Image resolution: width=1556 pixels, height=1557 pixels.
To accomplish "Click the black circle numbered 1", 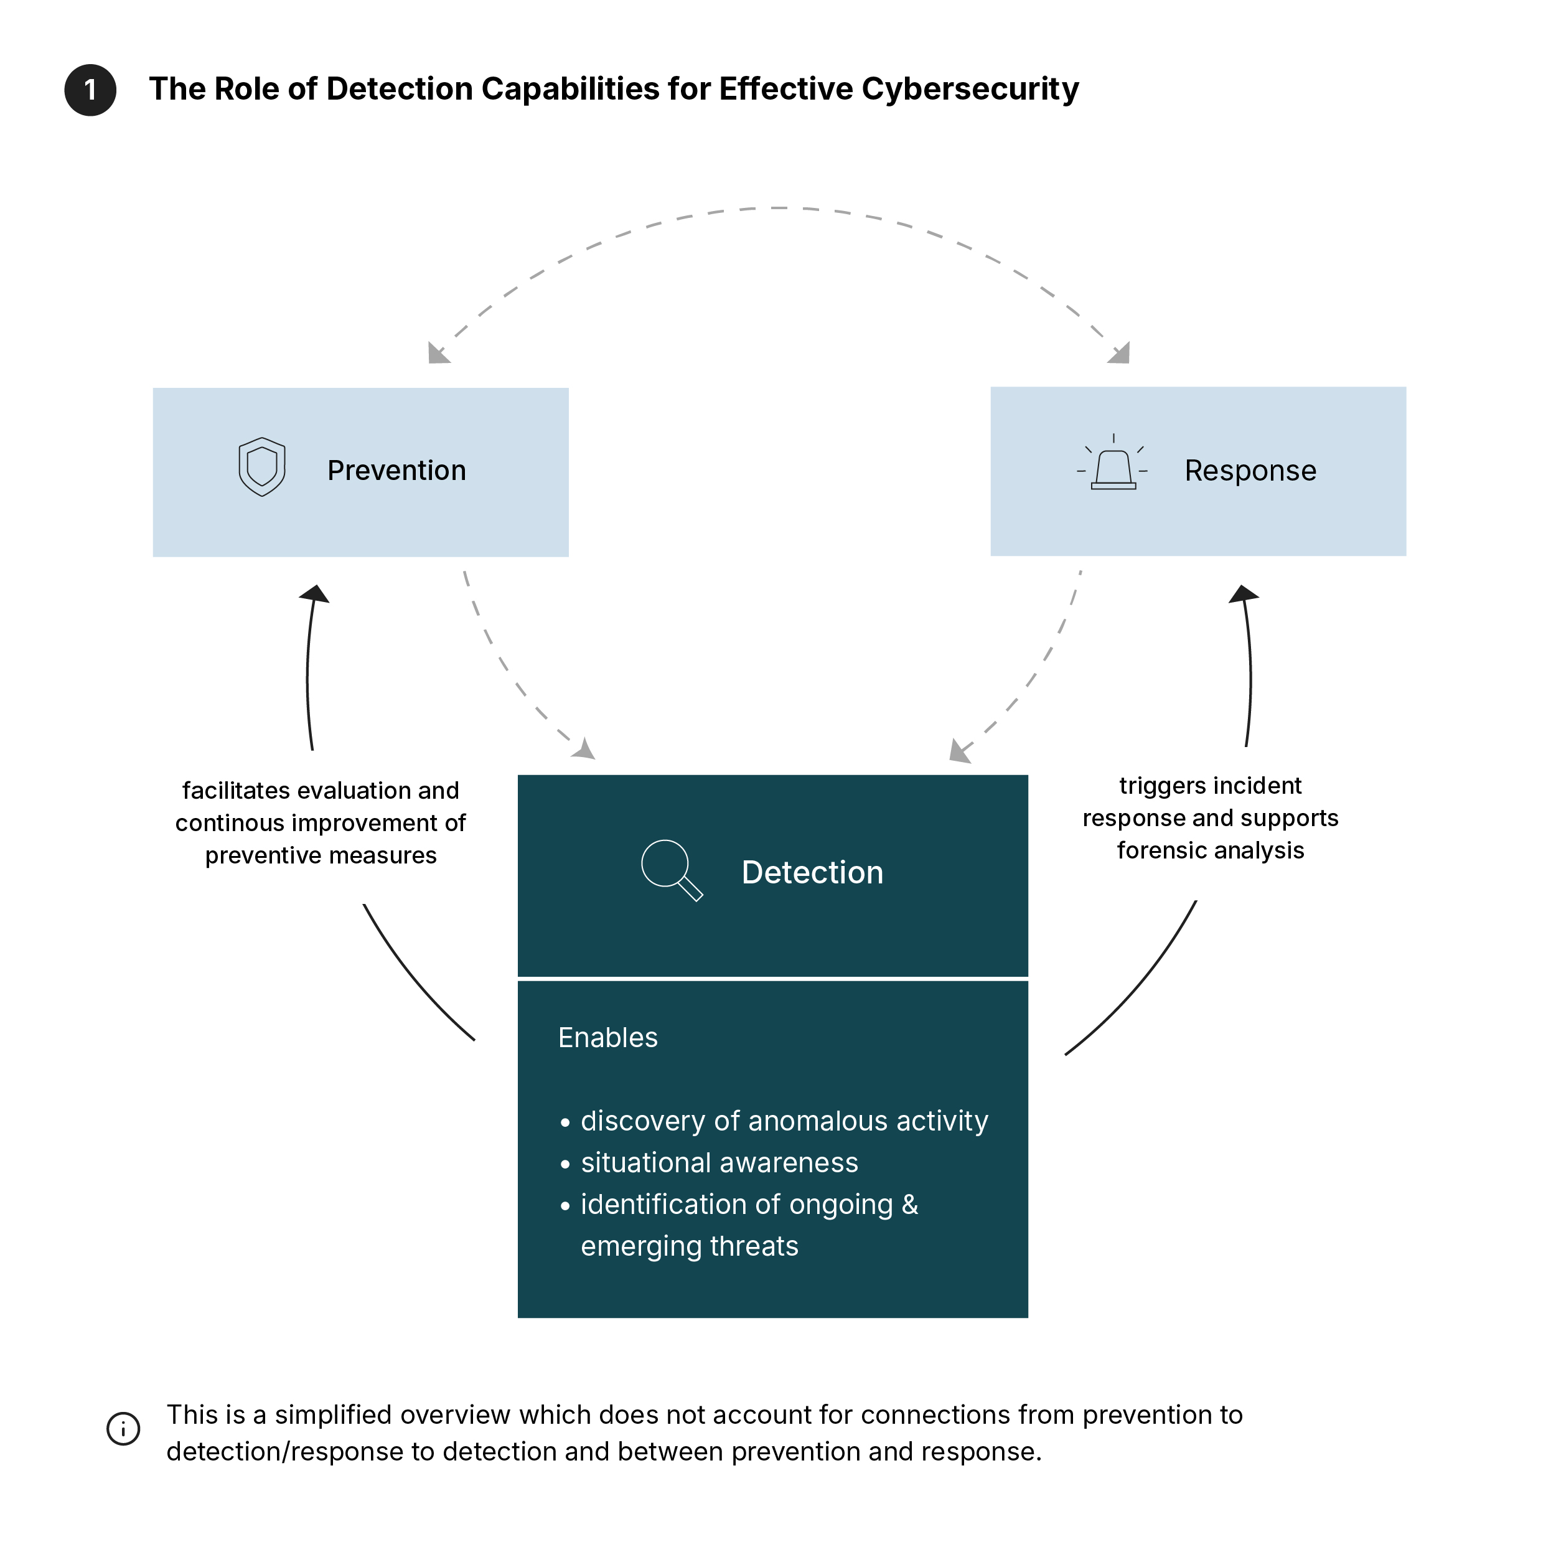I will point(90,90).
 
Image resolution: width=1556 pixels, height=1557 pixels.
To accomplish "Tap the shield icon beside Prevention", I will point(262,467).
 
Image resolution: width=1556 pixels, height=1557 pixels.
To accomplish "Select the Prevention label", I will point(396,471).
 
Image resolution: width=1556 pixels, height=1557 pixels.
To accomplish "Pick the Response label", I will point(1250,471).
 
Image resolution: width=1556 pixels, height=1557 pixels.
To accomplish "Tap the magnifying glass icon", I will point(670,868).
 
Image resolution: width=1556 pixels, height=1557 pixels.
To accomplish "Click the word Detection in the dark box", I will point(812,873).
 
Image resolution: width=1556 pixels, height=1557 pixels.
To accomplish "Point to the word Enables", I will point(607,1038).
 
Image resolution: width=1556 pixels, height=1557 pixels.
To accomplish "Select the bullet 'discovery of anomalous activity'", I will point(783,1121).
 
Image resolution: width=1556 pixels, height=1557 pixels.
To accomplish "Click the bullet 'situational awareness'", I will point(719,1163).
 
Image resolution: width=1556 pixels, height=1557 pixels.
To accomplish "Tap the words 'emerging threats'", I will point(689,1246).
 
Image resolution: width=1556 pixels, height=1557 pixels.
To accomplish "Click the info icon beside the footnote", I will point(123,1429).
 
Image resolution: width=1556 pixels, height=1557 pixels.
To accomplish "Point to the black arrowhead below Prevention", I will point(315,595).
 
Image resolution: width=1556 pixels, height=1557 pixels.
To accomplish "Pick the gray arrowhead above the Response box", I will point(1120,354).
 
